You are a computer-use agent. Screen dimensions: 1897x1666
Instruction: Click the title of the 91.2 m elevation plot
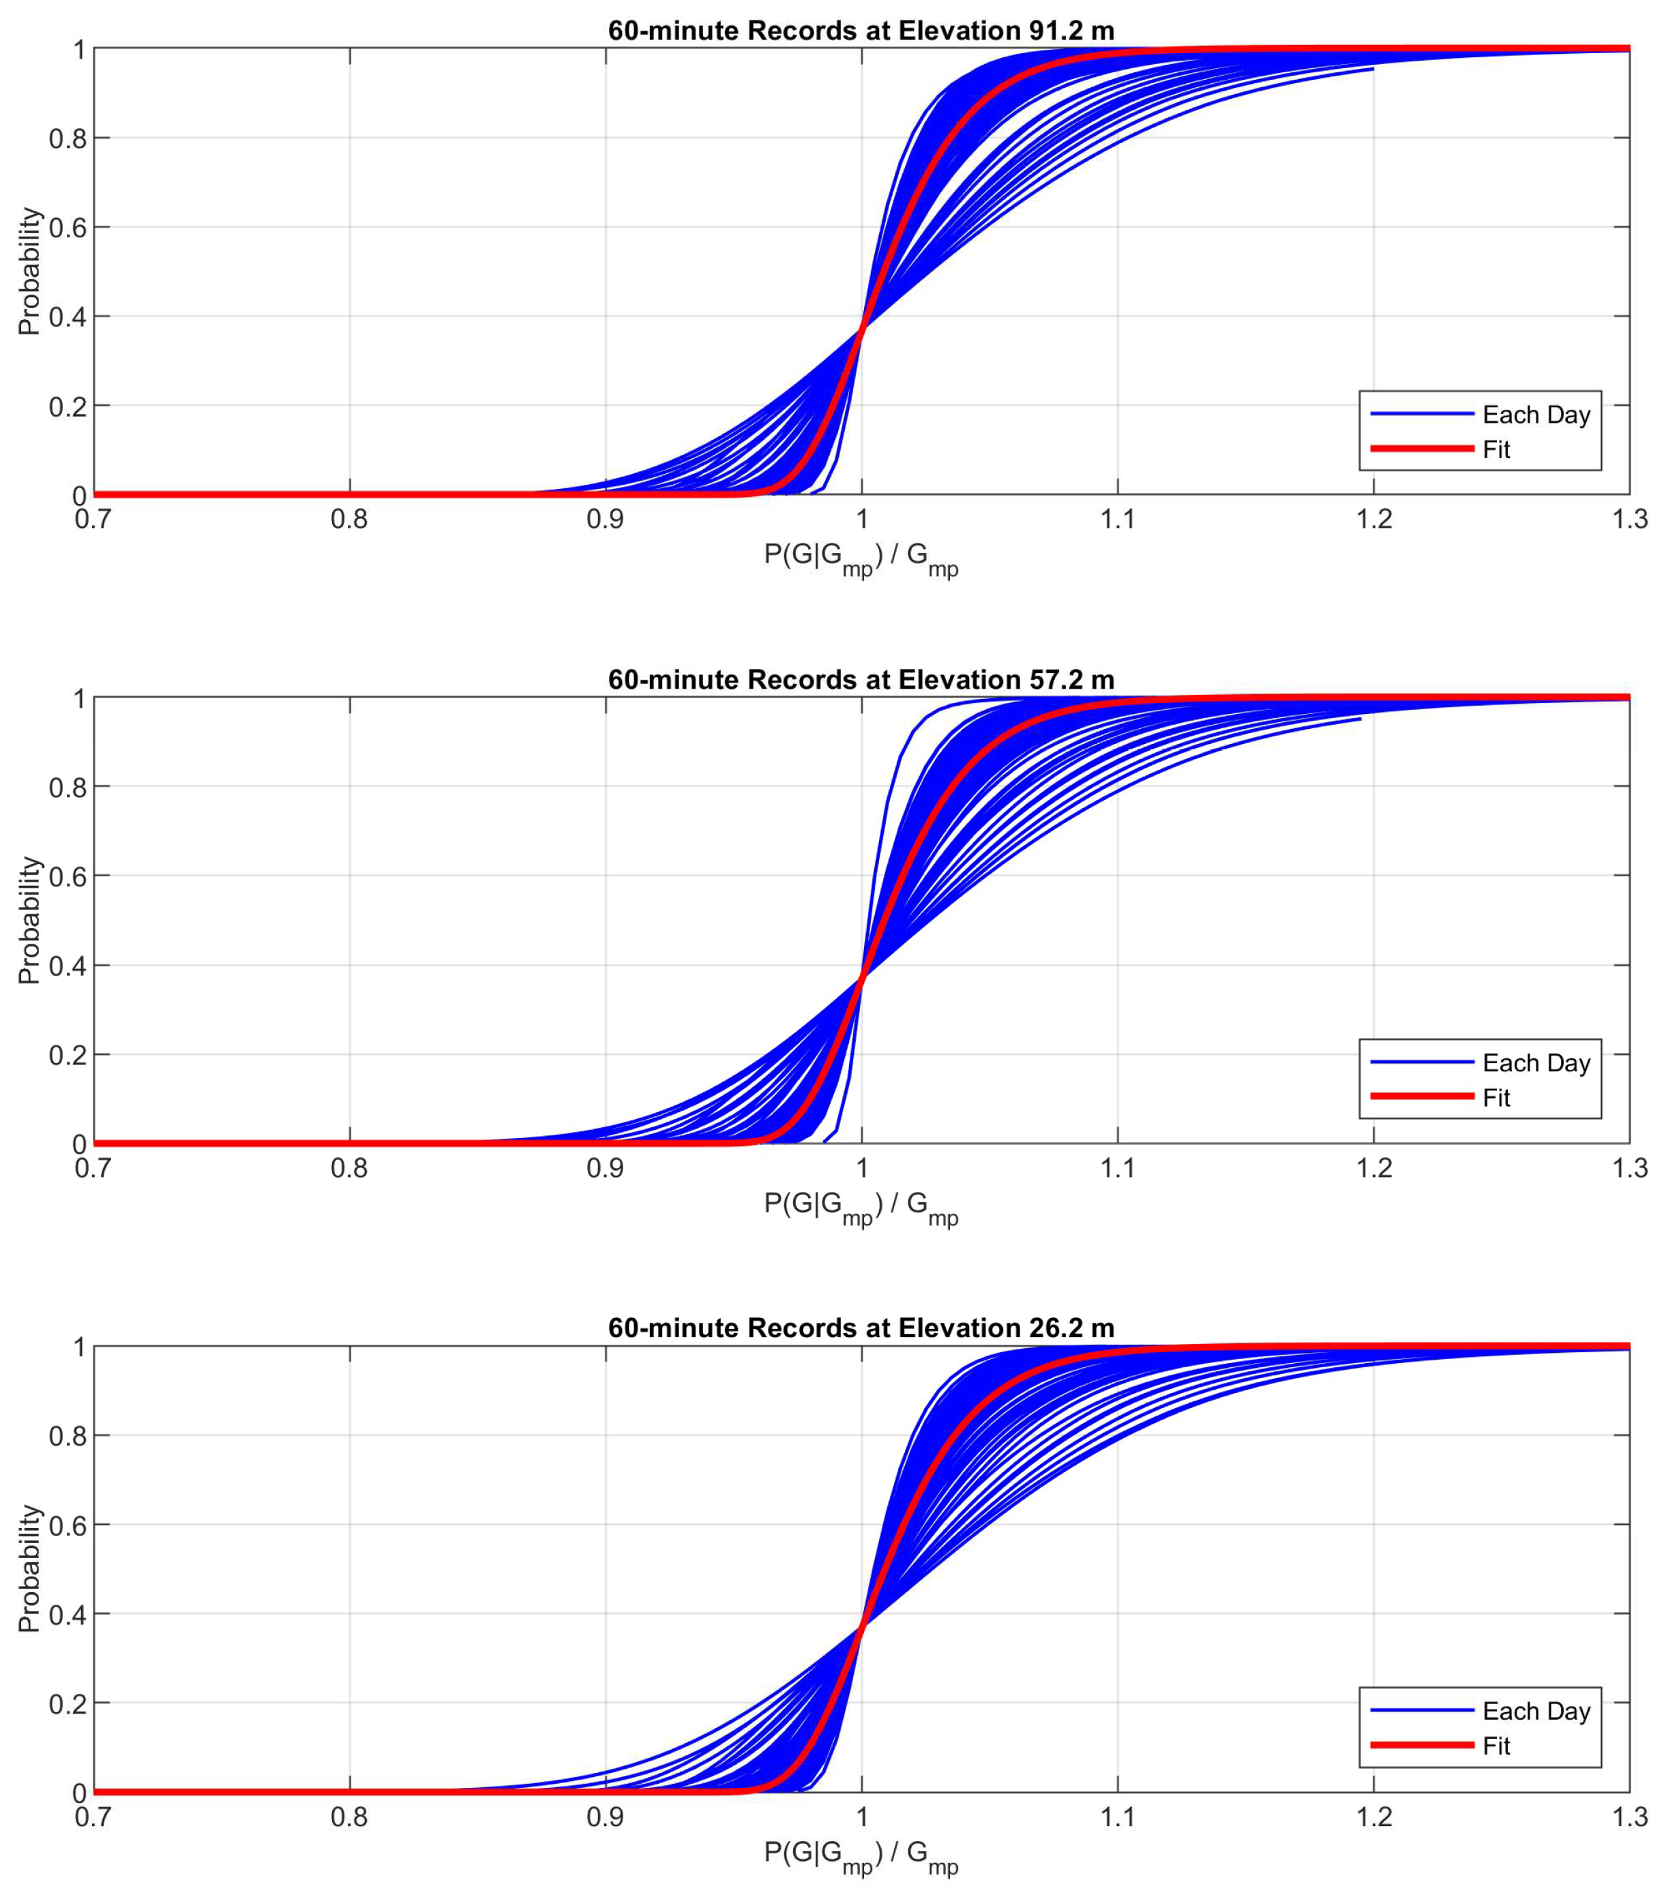861,31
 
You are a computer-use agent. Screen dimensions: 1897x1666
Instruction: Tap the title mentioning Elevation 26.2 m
861,1328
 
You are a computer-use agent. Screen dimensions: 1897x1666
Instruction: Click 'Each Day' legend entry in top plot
1535,415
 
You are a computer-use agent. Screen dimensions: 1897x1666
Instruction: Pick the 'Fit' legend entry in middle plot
1496,1098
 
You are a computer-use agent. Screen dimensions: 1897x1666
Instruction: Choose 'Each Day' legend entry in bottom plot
1535,1710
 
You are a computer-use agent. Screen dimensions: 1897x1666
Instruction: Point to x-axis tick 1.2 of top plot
1373,520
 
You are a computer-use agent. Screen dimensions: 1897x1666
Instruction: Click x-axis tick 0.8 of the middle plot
349,1167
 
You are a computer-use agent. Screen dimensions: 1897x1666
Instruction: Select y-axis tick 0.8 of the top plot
67,139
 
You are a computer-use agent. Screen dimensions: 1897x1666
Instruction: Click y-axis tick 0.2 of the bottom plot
67,1704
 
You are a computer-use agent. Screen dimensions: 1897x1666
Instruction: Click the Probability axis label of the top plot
30,271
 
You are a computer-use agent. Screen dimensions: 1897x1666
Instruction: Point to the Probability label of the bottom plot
30,1568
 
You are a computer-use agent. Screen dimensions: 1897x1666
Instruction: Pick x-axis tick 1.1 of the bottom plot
1118,1817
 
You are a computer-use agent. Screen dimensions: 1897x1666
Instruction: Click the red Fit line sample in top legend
1421,449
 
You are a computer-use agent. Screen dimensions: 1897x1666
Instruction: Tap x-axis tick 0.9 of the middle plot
605,1167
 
